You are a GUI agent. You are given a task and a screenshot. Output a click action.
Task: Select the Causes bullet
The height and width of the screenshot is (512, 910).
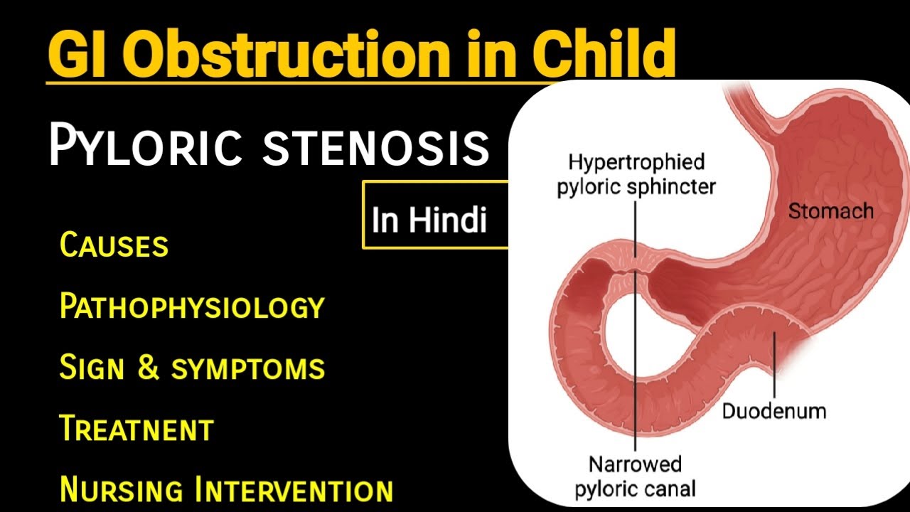(114, 245)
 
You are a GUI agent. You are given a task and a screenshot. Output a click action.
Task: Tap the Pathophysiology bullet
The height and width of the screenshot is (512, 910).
(192, 307)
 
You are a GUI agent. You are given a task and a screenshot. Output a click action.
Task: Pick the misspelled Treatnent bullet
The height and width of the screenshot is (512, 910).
(136, 429)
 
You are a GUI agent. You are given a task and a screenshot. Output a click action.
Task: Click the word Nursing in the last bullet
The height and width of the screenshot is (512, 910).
(122, 490)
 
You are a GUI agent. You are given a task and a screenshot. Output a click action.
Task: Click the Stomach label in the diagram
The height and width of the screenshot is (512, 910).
(830, 210)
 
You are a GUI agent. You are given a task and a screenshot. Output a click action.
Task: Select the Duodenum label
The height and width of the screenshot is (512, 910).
(774, 411)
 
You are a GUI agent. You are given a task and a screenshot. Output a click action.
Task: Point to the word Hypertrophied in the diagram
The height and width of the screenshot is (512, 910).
(636, 163)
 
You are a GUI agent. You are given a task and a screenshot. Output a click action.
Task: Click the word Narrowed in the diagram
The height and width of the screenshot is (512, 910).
(635, 465)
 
